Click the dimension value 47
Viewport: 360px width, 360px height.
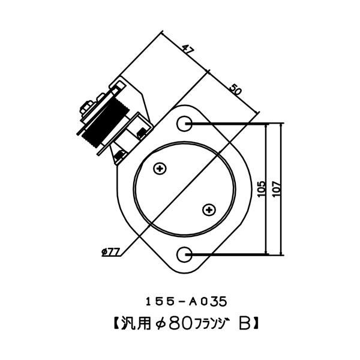(x=188, y=52)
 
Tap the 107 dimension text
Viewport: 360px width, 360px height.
(x=275, y=190)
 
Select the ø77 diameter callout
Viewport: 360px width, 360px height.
(x=110, y=252)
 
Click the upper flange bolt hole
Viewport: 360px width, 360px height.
(x=185, y=124)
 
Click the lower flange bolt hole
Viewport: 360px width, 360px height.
(x=185, y=255)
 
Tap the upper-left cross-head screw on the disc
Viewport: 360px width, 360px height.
(x=160, y=169)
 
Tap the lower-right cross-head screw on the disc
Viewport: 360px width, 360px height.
(x=209, y=210)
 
